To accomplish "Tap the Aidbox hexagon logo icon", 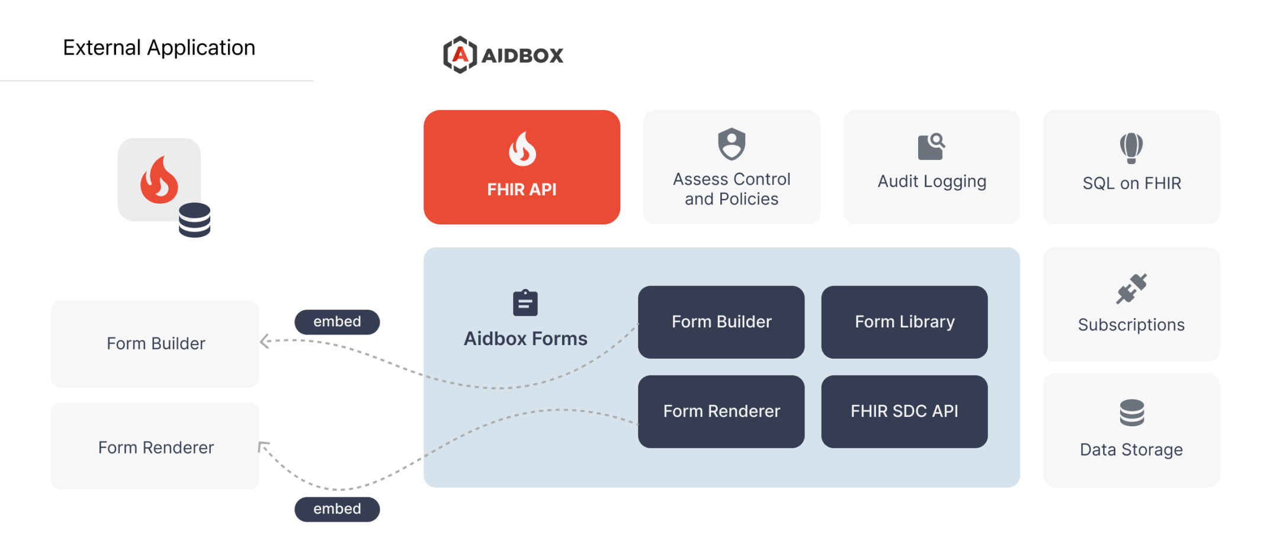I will (x=460, y=55).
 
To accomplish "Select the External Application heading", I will (x=159, y=47).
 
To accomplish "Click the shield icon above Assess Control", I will (x=732, y=144).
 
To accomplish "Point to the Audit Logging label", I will (x=931, y=181).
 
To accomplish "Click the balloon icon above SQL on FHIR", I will (x=1131, y=147).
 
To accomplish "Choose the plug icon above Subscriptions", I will (x=1131, y=289).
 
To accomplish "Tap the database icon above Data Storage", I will (x=1131, y=413).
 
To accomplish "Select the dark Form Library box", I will (x=904, y=322).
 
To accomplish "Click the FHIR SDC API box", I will (x=904, y=411).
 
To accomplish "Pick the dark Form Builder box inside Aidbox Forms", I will (x=721, y=322).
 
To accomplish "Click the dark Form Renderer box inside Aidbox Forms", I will (x=721, y=411).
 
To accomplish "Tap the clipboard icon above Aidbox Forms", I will (x=525, y=303).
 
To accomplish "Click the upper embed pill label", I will (x=337, y=322).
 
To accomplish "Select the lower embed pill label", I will (x=337, y=509).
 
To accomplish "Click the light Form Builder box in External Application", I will (x=155, y=344).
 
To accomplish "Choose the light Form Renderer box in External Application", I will (x=155, y=446).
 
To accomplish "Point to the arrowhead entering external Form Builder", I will (x=264, y=341).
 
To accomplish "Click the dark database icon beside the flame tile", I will (x=194, y=220).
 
